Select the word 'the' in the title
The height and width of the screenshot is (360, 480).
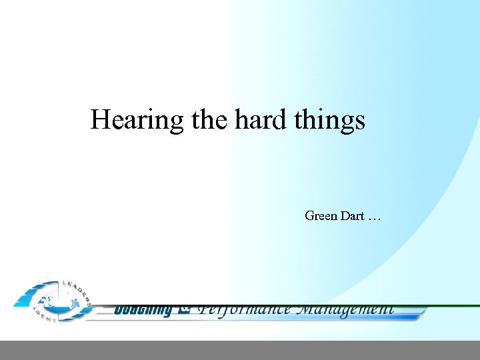tap(210, 120)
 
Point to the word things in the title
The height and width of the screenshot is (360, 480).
tap(332, 121)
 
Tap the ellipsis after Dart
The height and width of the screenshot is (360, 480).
tap(375, 218)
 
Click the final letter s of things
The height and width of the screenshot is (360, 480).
tap(360, 123)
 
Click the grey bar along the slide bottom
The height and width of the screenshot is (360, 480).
tap(240, 350)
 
